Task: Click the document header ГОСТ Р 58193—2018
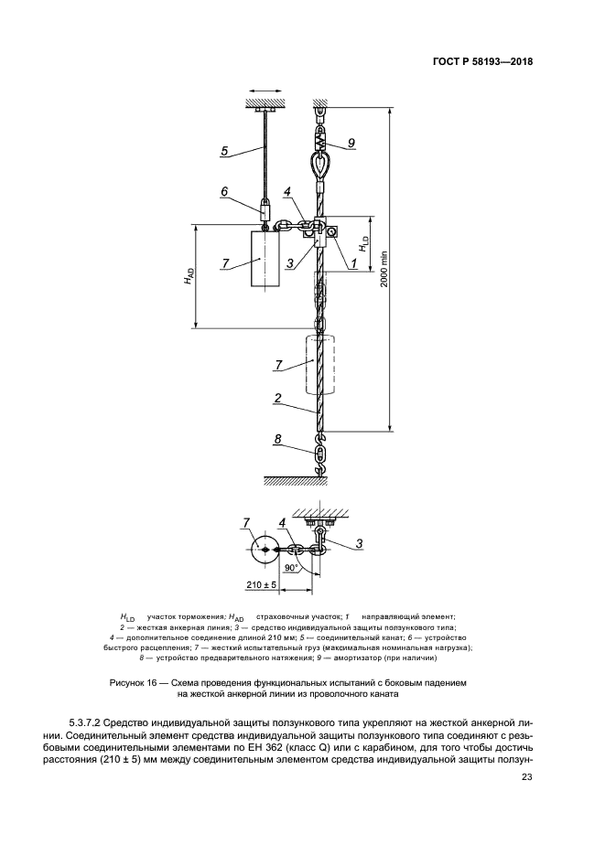tap(481, 62)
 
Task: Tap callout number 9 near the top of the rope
tap(351, 144)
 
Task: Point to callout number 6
tap(224, 192)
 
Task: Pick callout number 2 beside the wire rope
tap(276, 399)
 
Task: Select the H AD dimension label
tap(188, 275)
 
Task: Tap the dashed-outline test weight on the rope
tap(319, 364)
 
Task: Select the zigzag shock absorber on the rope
tap(320, 139)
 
